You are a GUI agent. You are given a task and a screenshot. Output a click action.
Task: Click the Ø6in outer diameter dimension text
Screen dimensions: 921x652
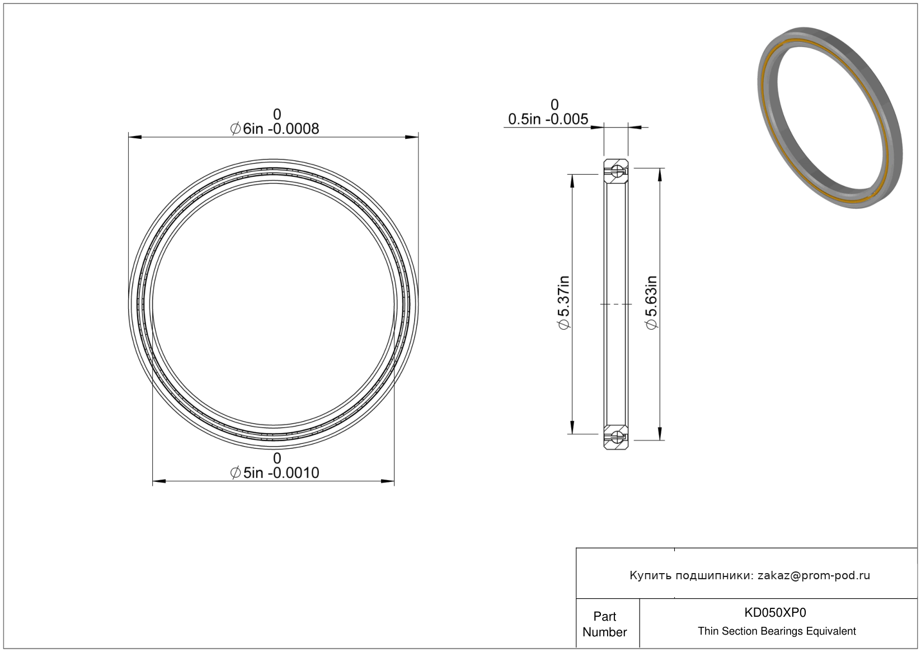275,129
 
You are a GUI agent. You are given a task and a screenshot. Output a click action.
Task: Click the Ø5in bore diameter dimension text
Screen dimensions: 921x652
275,473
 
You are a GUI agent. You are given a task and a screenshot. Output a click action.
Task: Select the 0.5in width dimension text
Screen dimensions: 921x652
548,119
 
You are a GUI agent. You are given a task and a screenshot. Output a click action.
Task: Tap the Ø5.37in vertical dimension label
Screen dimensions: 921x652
563,302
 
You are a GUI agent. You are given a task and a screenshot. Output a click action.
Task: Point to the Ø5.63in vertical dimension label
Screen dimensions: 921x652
652,302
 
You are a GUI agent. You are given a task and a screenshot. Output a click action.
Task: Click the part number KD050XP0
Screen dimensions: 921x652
775,612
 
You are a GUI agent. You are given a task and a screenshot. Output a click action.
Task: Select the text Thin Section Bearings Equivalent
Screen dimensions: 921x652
777,631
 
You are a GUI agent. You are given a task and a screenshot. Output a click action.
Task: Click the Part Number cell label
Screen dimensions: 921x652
605,624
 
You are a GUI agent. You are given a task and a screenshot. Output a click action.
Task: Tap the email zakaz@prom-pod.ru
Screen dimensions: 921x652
814,575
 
